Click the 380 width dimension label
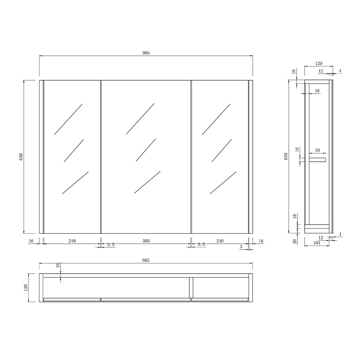tap(145, 241)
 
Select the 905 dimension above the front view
tap(145, 53)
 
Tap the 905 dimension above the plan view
tap(145, 260)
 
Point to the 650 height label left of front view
tap(21, 157)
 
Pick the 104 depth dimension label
tap(317, 243)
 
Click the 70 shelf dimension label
tap(317, 150)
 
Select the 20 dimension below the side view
tap(294, 241)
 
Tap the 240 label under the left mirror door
tap(72, 241)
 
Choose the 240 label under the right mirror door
tap(220, 241)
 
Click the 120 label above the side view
tap(318, 63)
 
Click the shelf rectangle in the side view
tap(317, 159)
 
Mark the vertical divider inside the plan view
tap(190, 287)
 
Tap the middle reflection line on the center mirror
tap(145, 150)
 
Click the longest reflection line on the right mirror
tap(223, 182)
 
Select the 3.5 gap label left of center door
tap(111, 244)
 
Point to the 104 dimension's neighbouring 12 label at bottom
tap(321, 238)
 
